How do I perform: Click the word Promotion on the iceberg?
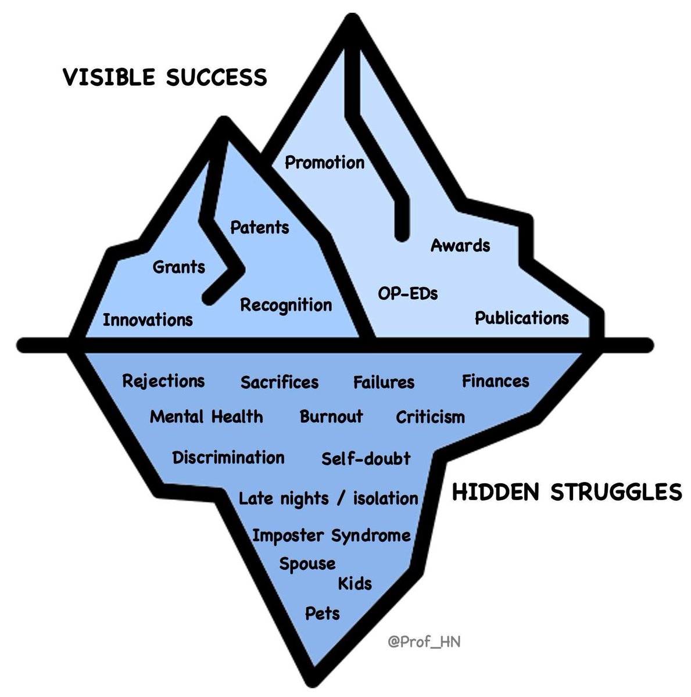click(x=324, y=162)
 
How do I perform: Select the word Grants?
click(x=179, y=267)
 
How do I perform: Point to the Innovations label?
click(x=148, y=319)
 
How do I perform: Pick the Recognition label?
click(x=286, y=305)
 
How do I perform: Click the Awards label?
click(x=460, y=245)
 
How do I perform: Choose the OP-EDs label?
click(x=408, y=293)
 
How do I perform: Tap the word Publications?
click(x=522, y=318)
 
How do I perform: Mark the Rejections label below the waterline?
click(x=163, y=381)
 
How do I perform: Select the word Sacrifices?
click(x=280, y=382)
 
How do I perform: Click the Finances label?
click(x=496, y=381)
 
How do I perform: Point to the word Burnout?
click(x=331, y=416)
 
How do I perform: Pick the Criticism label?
click(x=430, y=417)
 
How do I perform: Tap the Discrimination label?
click(x=228, y=457)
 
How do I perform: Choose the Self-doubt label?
click(x=366, y=458)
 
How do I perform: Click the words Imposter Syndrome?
click(x=331, y=536)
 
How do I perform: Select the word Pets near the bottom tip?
click(x=323, y=613)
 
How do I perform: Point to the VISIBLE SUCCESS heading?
click(x=165, y=77)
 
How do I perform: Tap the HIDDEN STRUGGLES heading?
click(x=567, y=492)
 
